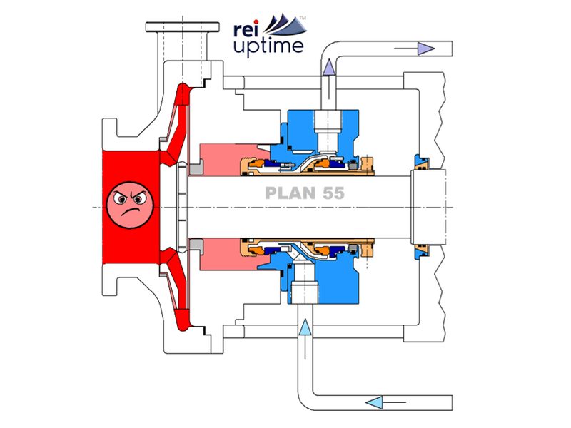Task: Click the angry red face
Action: pyautogui.click(x=129, y=204)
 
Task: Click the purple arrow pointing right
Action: pyautogui.click(x=426, y=49)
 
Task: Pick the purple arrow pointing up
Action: pyautogui.click(x=330, y=68)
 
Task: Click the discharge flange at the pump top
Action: pyautogui.click(x=176, y=28)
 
